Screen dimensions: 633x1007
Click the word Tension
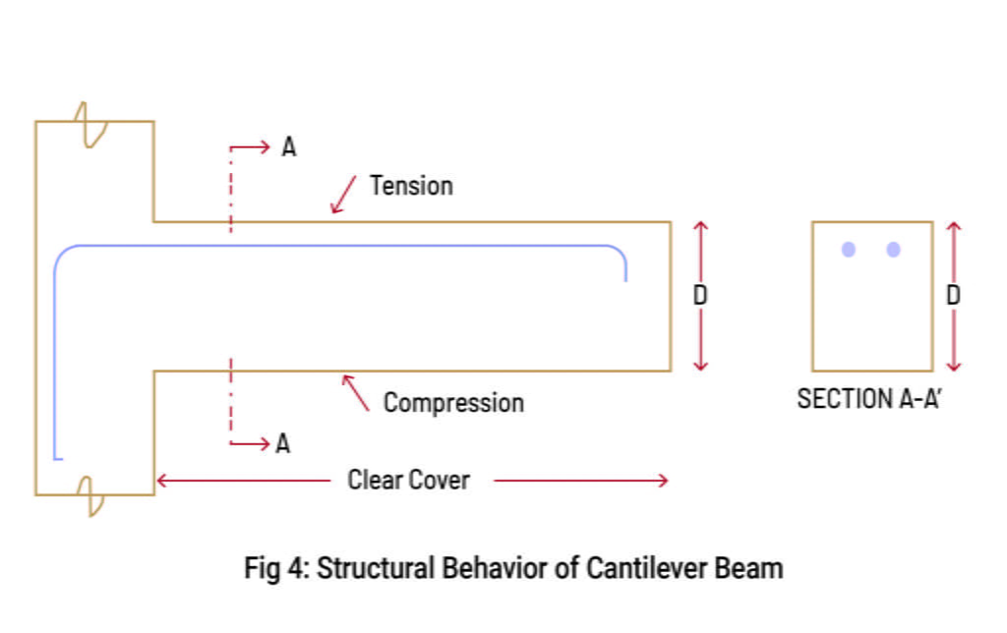(411, 186)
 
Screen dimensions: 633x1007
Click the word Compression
(453, 403)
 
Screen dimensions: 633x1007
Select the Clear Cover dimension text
(408, 481)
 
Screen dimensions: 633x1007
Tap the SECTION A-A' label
(870, 400)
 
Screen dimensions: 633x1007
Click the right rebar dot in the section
(893, 250)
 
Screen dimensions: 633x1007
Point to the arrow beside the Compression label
(355, 392)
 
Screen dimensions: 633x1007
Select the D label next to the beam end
(700, 295)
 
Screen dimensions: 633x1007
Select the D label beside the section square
(953, 295)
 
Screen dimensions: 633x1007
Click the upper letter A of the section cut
(288, 147)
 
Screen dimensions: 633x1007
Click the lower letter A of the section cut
(283, 444)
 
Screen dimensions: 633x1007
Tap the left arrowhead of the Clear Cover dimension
(161, 481)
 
